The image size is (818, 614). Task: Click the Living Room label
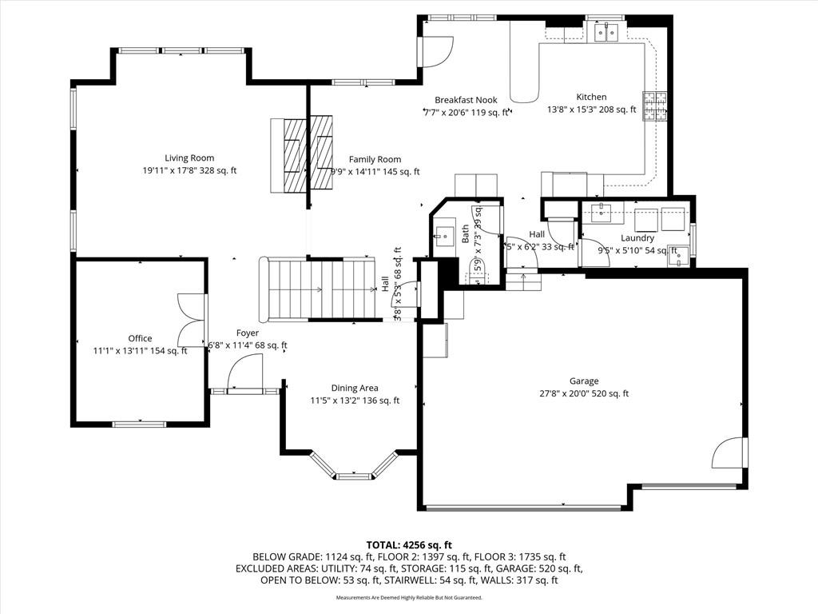click(x=189, y=158)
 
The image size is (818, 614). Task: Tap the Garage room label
click(x=584, y=381)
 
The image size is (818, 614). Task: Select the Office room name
click(x=140, y=338)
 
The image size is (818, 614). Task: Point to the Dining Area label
click(x=355, y=389)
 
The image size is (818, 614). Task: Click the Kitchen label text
click(x=591, y=97)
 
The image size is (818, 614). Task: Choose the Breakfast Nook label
click(x=466, y=100)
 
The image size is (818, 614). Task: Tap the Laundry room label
click(x=637, y=238)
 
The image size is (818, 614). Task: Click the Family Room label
click(x=375, y=159)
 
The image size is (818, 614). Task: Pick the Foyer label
click(x=247, y=333)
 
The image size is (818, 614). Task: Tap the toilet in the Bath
click(x=477, y=272)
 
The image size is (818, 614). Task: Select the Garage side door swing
click(x=729, y=453)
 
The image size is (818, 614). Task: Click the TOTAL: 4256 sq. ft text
click(x=408, y=544)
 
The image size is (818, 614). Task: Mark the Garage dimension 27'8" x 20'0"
click(x=584, y=393)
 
